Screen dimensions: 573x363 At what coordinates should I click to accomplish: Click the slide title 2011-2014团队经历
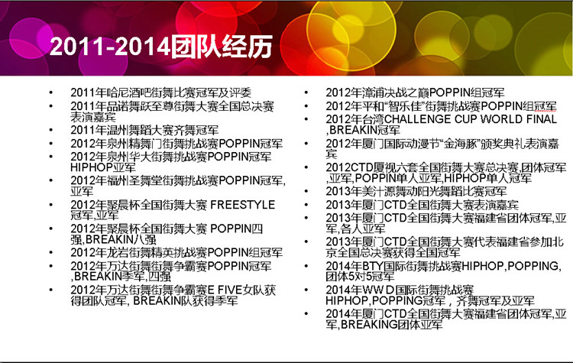click(160, 47)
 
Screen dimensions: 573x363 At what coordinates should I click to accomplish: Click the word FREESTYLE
click(243, 205)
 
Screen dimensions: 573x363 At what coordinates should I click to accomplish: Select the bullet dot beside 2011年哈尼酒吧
click(51, 93)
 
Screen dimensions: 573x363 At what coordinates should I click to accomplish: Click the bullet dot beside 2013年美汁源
click(306, 192)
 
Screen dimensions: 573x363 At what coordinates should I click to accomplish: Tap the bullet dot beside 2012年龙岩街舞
click(51, 253)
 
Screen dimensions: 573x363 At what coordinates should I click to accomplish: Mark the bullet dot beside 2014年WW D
click(306, 290)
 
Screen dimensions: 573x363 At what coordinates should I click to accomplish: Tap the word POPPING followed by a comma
click(533, 266)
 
